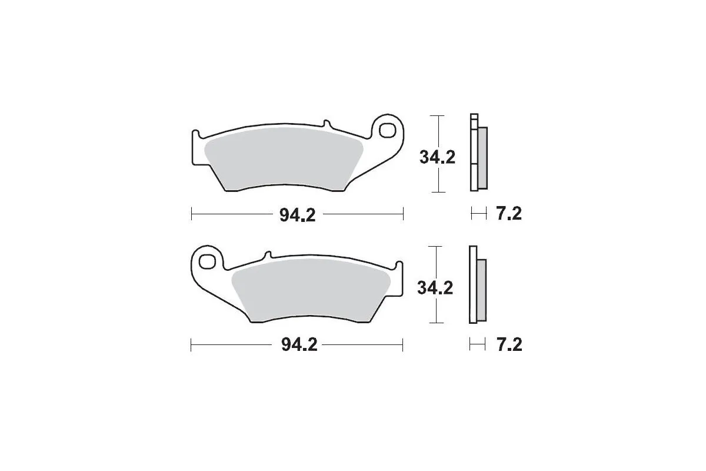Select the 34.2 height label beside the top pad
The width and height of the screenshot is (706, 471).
click(x=437, y=157)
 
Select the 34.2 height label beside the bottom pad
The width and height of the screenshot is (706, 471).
click(x=436, y=288)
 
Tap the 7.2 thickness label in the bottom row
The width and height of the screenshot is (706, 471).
click(x=508, y=345)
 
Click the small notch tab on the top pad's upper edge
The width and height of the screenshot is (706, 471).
click(x=325, y=124)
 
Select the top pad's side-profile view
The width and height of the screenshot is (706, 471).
click(x=477, y=152)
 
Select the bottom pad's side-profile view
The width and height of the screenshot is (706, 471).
click(x=477, y=284)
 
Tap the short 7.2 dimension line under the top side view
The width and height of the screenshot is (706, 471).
click(x=479, y=214)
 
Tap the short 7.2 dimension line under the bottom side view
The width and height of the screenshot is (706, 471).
click(x=477, y=344)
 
